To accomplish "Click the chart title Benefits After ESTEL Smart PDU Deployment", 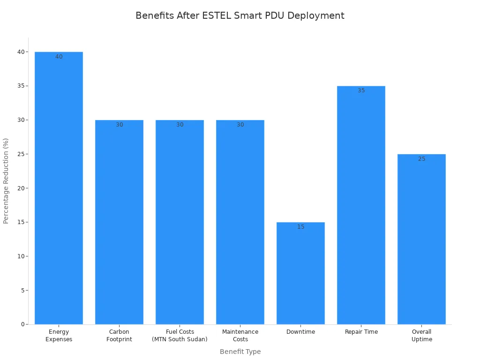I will coord(240,15).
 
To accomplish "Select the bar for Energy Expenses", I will coord(59,187).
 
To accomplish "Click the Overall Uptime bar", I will coord(421,239).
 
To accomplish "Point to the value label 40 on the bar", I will coord(59,57).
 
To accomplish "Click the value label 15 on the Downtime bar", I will coord(300,227).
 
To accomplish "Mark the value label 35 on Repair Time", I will coord(361,90).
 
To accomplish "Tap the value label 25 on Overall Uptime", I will coord(421,159).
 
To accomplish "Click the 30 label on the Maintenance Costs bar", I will coord(240,125).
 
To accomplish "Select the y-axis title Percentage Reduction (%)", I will coord(6,180).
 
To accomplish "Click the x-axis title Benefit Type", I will coord(240,352).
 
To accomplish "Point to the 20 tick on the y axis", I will coord(21,188).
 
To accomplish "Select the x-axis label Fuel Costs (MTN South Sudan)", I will coord(180,336).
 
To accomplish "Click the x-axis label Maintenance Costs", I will coord(240,336).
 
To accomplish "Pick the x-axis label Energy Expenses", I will coord(59,336).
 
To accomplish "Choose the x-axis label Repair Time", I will coord(361,332).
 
